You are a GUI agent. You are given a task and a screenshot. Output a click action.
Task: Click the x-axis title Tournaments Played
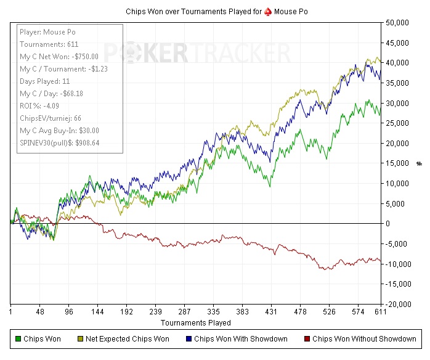click(196, 322)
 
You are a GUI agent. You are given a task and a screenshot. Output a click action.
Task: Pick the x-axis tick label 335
click(214, 313)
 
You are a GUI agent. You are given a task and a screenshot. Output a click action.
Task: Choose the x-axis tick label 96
click(68, 313)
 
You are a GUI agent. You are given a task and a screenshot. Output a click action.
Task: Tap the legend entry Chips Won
click(41, 338)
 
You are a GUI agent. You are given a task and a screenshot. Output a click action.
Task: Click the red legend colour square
click(307, 338)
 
